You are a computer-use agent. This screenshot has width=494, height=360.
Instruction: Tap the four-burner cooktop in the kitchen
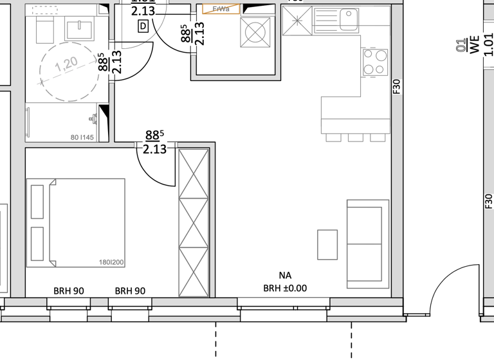[x=374, y=62]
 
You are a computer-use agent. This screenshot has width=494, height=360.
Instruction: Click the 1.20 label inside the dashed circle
[x=66, y=66]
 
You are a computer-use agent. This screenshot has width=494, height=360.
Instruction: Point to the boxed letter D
[x=143, y=26]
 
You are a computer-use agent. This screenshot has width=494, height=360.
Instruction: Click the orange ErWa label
[x=221, y=9]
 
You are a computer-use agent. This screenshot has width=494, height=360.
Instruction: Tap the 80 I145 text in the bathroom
[x=82, y=137]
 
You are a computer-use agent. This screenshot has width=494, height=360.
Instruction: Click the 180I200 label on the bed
[x=111, y=262]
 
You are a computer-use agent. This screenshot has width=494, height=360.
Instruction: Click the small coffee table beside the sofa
[x=327, y=245]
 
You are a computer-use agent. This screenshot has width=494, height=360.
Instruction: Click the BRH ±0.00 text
[x=285, y=289]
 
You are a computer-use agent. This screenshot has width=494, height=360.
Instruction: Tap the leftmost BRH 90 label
[x=69, y=291]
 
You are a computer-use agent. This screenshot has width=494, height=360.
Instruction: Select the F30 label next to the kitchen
[x=396, y=87]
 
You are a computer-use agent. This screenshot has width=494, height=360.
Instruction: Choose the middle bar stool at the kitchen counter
[x=356, y=138]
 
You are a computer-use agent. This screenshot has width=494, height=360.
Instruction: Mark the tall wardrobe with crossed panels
[x=194, y=222]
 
